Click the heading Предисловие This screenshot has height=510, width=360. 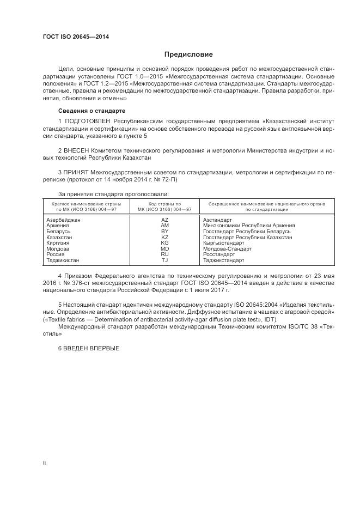coord(189,54)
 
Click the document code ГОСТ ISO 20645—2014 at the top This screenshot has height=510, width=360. coord(76,37)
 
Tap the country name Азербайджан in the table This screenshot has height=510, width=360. coord(64,219)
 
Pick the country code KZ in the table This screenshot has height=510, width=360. coord(164,237)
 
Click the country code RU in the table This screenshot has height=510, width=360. coord(164,254)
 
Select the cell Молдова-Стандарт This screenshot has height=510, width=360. coord(227,248)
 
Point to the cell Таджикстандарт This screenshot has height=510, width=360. coord(224,260)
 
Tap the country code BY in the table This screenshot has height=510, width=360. coord(164,231)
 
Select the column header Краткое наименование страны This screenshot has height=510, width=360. coord(87,203)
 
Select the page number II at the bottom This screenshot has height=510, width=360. coord(45,462)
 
